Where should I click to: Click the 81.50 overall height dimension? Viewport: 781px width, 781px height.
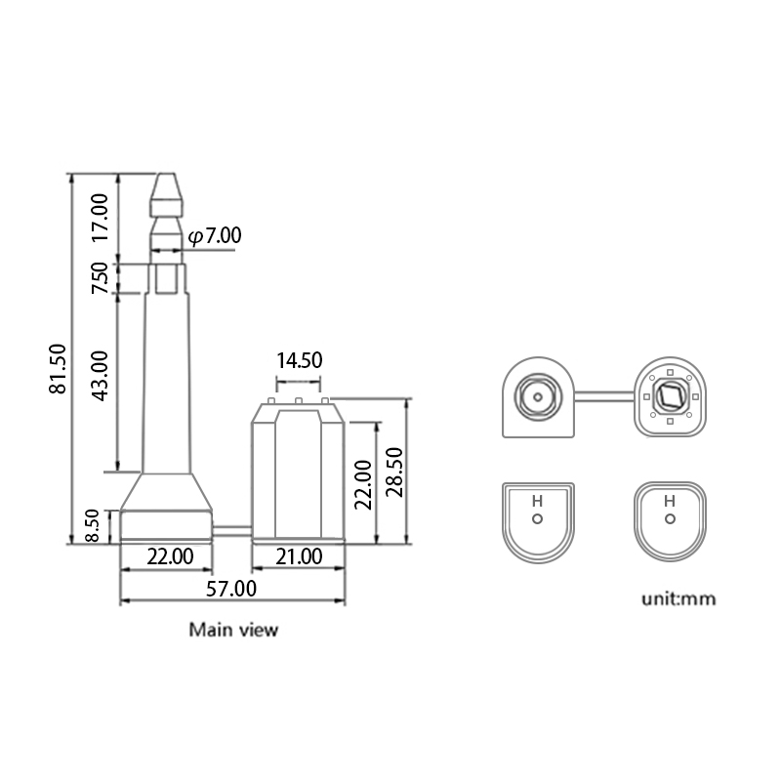tap(58, 368)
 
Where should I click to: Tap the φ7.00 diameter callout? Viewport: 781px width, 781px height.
tap(214, 235)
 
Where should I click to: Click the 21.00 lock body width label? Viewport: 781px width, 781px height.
tap(298, 556)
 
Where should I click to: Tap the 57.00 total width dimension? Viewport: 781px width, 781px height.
tap(231, 588)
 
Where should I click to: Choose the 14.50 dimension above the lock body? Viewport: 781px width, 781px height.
tap(298, 360)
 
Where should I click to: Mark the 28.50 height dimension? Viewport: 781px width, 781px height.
tap(393, 472)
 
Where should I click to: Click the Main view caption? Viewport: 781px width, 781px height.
tap(233, 630)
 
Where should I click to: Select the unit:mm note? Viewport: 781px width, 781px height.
tap(678, 598)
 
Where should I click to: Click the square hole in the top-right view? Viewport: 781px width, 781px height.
tap(670, 396)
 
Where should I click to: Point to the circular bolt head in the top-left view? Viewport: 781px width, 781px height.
tap(536, 397)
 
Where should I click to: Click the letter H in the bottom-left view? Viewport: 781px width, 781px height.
tap(536, 501)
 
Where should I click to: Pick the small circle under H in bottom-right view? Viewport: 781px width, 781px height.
tap(669, 519)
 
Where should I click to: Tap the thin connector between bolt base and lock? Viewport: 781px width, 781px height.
tap(232, 531)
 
